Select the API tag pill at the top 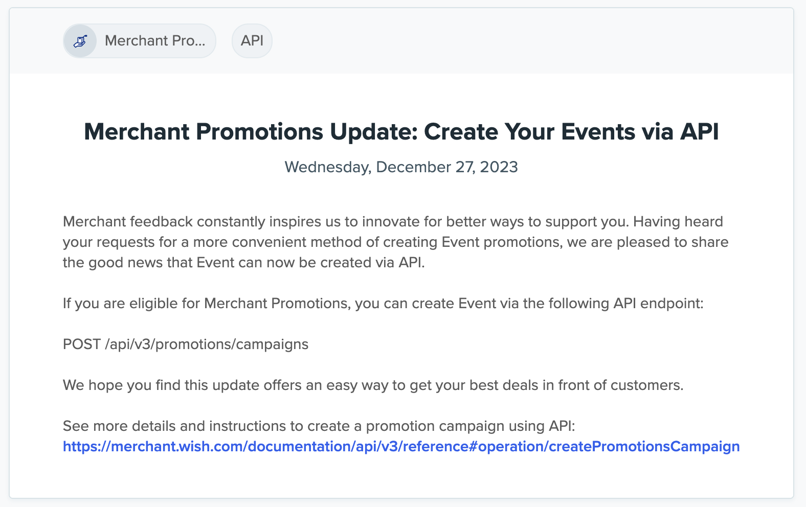pyautogui.click(x=252, y=41)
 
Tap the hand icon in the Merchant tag pyautogui.click(x=80, y=41)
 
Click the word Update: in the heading pyautogui.click(x=373, y=132)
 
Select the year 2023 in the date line pyautogui.click(x=499, y=167)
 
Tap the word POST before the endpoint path pyautogui.click(x=82, y=344)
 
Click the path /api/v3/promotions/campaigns pyautogui.click(x=207, y=344)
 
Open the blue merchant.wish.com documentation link pyautogui.click(x=401, y=447)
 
